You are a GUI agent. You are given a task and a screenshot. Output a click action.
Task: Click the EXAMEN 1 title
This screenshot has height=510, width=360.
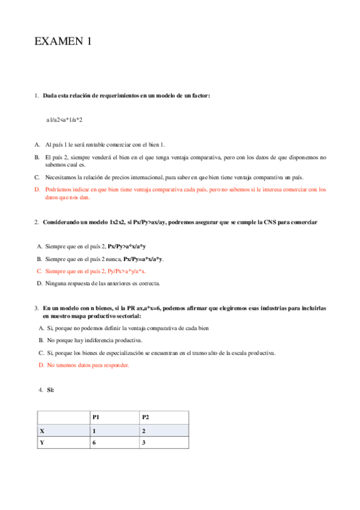[63, 41]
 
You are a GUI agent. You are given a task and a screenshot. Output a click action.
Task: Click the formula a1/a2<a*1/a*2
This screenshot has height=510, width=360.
[64, 120]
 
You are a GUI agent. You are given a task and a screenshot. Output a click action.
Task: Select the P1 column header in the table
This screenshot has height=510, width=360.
[96, 417]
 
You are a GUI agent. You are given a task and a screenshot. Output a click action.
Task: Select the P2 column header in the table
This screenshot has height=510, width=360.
[145, 417]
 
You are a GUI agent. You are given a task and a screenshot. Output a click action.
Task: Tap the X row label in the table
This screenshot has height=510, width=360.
[42, 431]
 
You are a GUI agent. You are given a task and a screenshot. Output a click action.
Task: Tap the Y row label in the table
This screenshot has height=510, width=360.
[42, 443]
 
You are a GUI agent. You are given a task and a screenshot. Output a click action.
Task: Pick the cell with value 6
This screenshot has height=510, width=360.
[94, 443]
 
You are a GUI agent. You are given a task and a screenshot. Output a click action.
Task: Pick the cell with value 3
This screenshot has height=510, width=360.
[144, 443]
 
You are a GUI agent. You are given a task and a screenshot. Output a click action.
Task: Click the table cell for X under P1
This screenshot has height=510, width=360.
[94, 431]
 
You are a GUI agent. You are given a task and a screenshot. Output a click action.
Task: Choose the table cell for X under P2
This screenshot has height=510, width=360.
[144, 431]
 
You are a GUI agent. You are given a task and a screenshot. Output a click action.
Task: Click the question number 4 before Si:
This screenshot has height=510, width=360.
[40, 390]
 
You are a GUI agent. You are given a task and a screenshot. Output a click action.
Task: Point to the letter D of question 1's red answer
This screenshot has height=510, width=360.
[37, 189]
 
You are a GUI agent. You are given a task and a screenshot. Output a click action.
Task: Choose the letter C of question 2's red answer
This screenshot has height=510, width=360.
[39, 271]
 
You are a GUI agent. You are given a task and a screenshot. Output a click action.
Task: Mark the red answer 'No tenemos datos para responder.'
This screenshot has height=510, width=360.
[88, 365]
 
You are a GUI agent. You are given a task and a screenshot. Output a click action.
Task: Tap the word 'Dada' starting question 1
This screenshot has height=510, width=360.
[50, 96]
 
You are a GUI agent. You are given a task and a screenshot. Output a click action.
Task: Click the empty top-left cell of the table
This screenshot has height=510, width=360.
[63, 417]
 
